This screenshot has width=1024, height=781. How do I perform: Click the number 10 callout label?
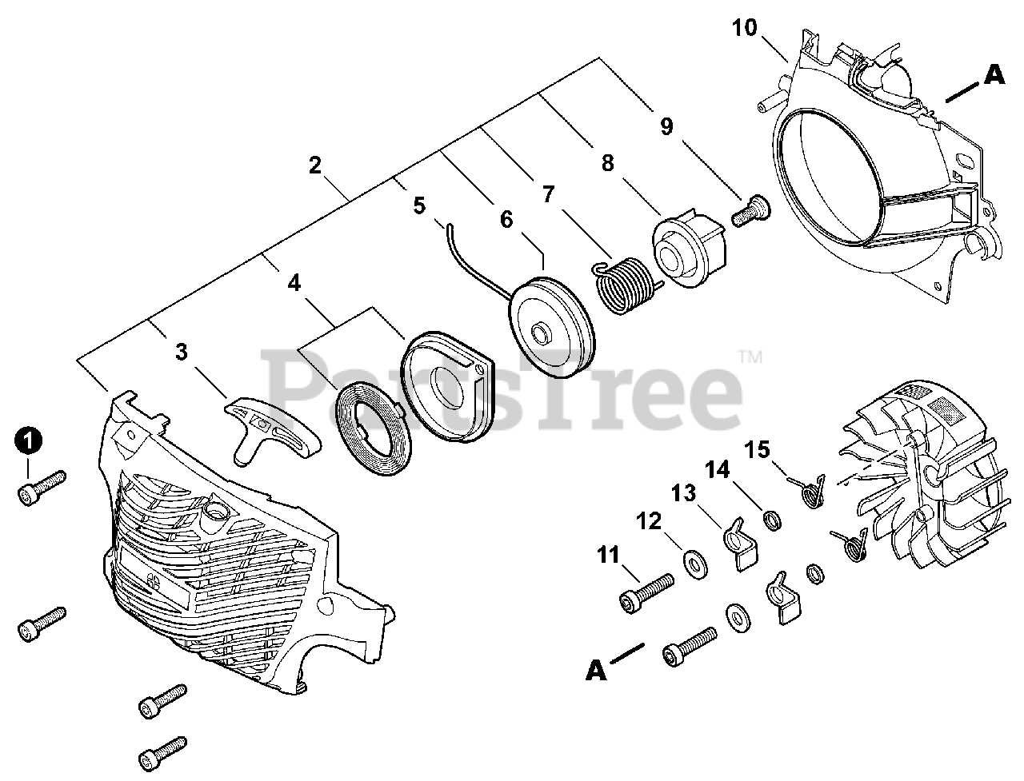(x=744, y=28)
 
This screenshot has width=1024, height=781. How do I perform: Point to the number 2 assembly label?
(x=314, y=165)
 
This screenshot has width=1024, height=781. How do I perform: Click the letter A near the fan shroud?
(x=994, y=76)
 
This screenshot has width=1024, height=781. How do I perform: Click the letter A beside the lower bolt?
(x=596, y=670)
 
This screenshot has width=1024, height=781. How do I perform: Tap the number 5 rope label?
(x=419, y=205)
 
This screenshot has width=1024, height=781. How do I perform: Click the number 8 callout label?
(x=607, y=163)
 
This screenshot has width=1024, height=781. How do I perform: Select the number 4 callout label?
(x=294, y=282)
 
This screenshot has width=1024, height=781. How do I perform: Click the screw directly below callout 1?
(x=41, y=486)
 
